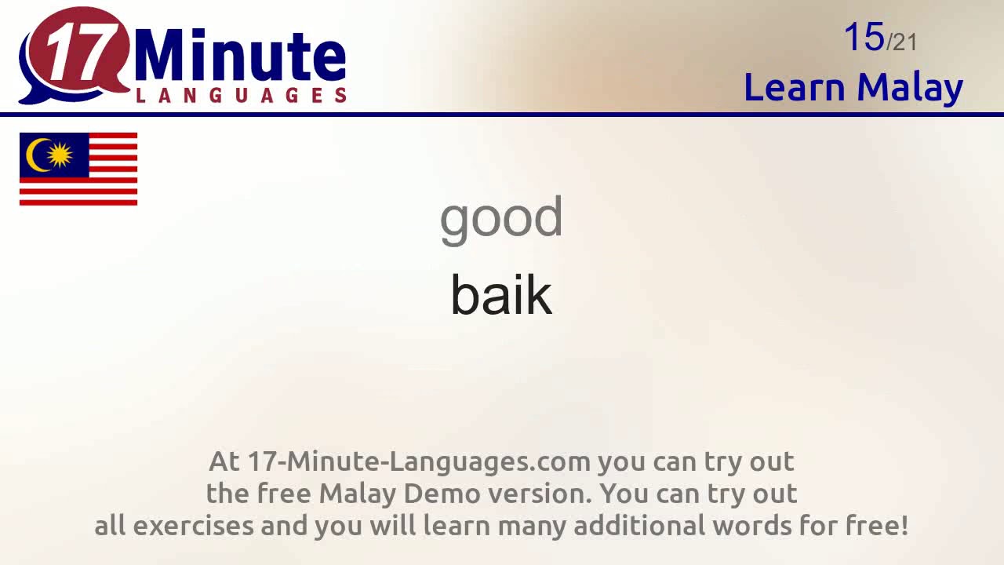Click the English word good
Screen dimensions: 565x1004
501,219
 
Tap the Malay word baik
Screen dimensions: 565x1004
501,295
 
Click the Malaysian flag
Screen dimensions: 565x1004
78,169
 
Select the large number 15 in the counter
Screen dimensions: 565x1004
864,38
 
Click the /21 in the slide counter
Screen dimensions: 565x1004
901,42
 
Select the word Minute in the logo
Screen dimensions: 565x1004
240,57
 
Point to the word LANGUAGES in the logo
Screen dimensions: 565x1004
241,96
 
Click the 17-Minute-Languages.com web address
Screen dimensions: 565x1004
419,461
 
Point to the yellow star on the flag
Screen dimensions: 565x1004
60,155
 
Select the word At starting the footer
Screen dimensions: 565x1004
224,461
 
